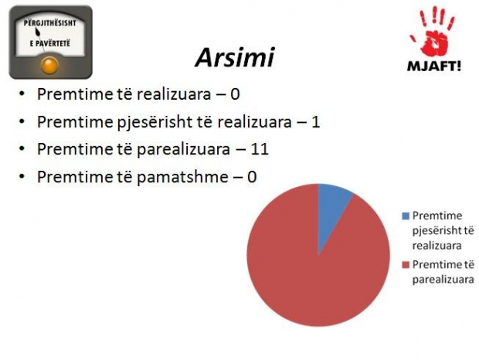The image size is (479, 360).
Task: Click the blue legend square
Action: click(406, 216)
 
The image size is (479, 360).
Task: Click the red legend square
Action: click(406, 265)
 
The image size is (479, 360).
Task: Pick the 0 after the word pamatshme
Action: click(251, 176)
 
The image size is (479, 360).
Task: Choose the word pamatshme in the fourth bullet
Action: click(182, 176)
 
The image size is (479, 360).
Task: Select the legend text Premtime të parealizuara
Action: click(443, 272)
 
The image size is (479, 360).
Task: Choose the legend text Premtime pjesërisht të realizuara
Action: click(443, 230)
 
